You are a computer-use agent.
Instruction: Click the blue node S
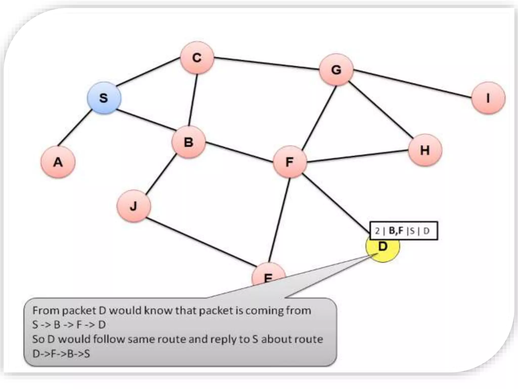click(104, 98)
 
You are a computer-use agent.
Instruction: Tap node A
click(58, 162)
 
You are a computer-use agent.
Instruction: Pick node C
click(197, 58)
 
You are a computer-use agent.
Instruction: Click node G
click(336, 70)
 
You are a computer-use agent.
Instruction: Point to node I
click(488, 98)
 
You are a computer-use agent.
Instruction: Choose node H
click(425, 150)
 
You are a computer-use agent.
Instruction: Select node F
click(290, 162)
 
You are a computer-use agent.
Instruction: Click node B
click(188, 142)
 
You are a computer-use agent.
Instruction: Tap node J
click(134, 206)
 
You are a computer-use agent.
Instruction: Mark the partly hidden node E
click(268, 275)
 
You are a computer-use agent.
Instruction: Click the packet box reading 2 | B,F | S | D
click(403, 231)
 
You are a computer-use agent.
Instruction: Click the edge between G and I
click(412, 84)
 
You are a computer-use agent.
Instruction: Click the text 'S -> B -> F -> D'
click(69, 325)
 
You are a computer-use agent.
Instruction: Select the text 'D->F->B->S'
click(61, 354)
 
